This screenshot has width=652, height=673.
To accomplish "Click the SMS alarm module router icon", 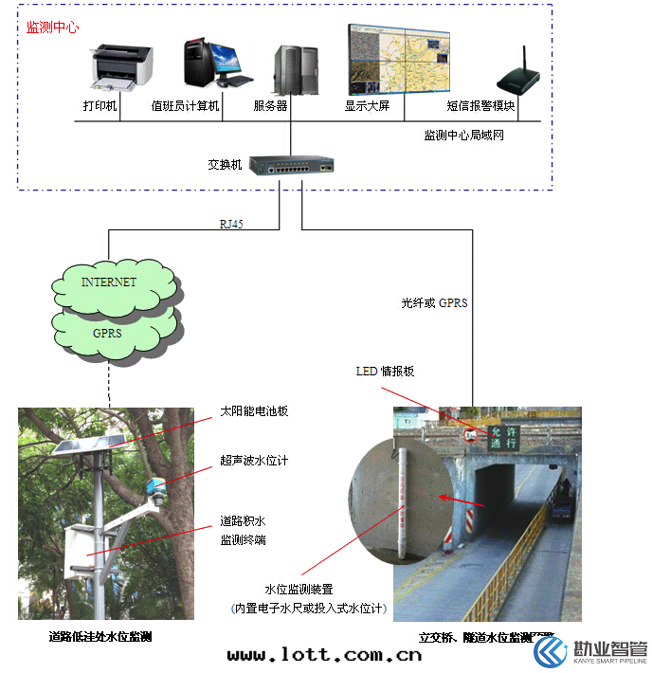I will pos(518,78).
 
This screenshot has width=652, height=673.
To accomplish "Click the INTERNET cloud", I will pos(109,282).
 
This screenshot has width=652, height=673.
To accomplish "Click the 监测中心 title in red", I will pos(52,27).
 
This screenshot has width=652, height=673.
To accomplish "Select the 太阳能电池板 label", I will pos(254,411).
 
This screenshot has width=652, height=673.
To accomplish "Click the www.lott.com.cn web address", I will pos(324,655).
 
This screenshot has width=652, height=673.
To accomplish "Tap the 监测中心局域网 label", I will pos(463,136).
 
